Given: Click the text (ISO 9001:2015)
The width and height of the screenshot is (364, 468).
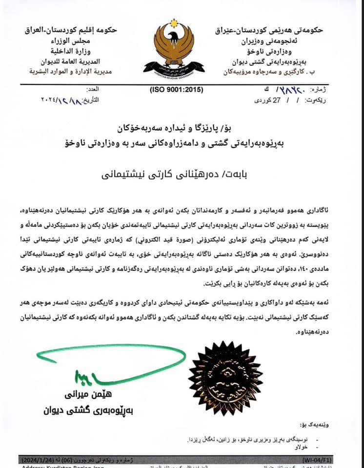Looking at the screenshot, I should point(176,90).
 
